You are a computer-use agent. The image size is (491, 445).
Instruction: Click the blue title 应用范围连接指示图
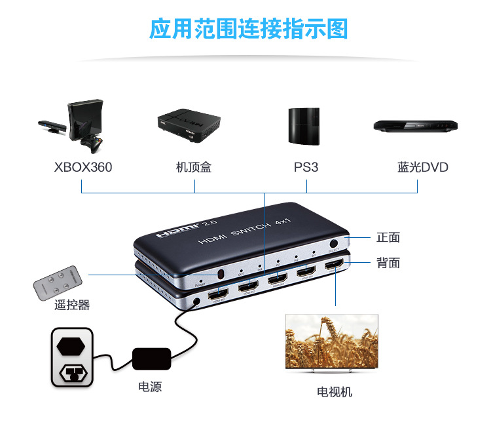[248, 29]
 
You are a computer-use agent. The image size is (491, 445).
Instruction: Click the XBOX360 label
[83, 167]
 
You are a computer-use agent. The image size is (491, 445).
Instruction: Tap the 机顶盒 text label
[194, 167]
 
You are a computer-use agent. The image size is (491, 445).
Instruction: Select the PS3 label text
[306, 167]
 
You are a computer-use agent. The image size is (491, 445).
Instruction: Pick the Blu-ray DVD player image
[415, 126]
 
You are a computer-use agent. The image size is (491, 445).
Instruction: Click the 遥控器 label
[72, 305]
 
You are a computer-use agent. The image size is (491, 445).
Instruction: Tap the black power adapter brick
[152, 358]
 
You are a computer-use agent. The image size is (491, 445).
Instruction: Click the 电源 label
[150, 387]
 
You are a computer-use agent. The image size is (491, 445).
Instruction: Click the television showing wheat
[331, 343]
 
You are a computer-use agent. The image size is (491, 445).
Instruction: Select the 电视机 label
[335, 392]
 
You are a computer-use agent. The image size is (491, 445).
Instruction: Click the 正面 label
[388, 237]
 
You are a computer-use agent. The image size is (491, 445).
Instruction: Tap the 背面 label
[388, 263]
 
